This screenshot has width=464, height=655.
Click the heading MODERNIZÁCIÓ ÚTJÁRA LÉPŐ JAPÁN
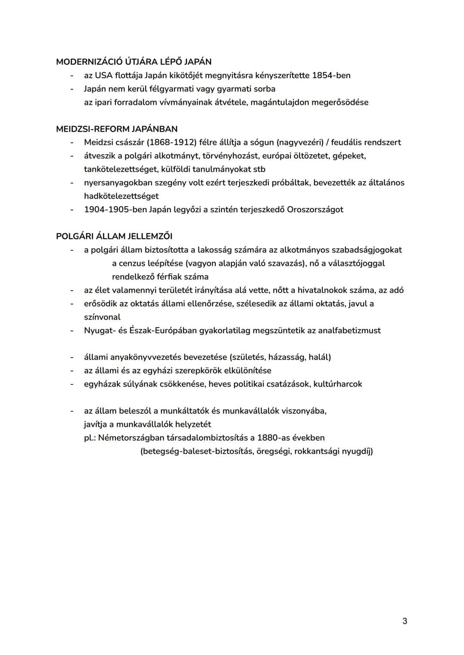pos(134,62)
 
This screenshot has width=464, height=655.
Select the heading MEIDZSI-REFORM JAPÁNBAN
pos(116,129)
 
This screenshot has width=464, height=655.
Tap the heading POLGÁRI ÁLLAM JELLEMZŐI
pos(114,236)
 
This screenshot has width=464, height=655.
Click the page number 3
pos(404,621)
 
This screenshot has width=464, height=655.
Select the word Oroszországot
pos(315,210)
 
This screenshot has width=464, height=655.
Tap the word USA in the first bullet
pos(104,76)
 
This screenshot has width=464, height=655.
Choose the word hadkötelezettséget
pos(121,196)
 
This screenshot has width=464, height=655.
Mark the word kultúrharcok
pos(338,384)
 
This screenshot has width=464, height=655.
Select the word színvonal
pos(102,317)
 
